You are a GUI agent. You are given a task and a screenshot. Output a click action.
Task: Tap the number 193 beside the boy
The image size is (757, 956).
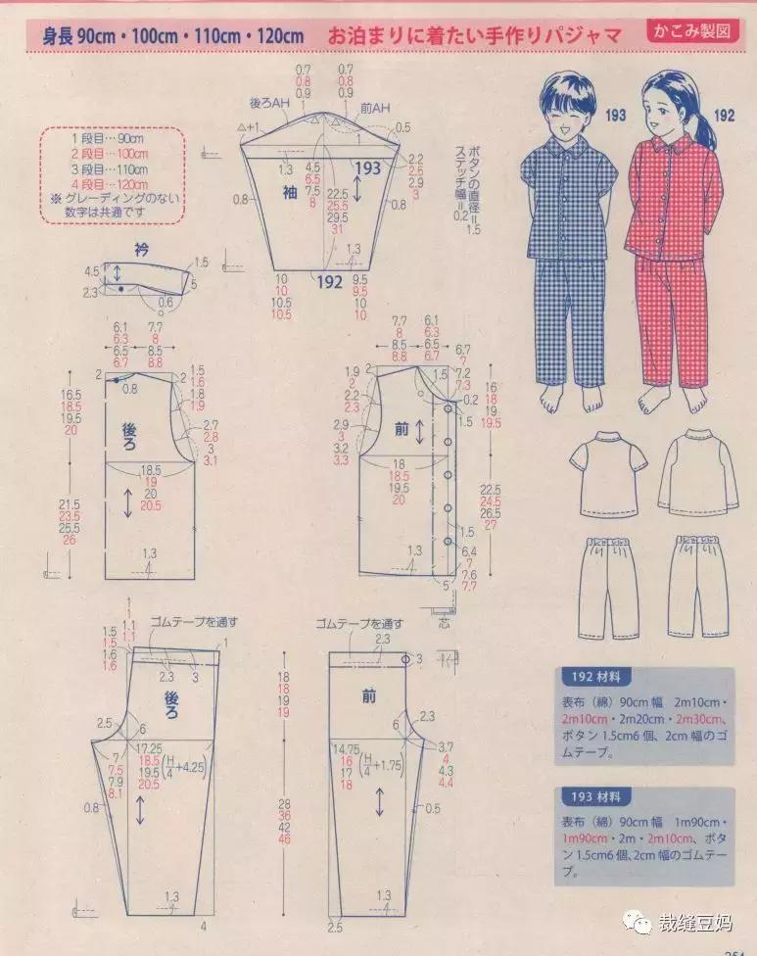coord(615,117)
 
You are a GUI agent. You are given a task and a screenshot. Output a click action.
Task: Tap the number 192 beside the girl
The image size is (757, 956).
coord(724,117)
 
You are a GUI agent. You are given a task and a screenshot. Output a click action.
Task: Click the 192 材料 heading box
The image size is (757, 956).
coord(596,677)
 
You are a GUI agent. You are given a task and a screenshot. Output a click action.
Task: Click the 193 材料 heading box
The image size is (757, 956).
coord(596,797)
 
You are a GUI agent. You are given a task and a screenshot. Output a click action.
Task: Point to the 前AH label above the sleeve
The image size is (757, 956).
coord(375,106)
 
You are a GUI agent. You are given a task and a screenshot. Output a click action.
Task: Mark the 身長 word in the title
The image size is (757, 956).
coord(56,37)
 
